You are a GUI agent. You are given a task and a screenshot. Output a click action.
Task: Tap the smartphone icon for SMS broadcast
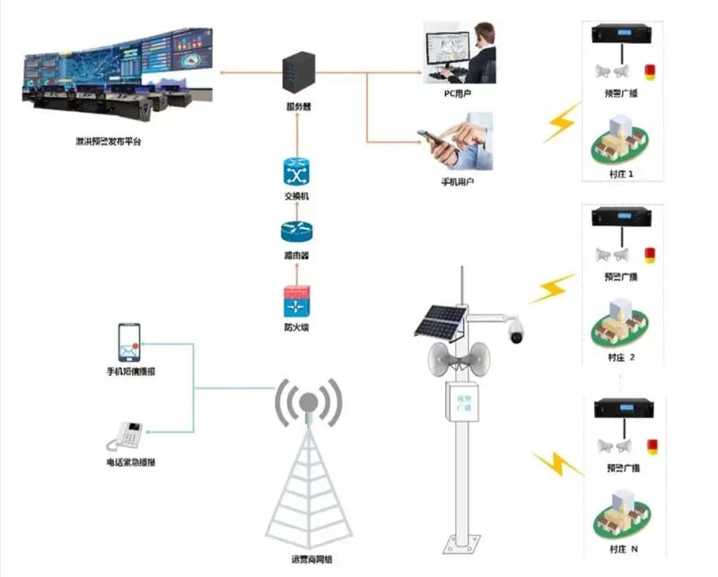(130, 342)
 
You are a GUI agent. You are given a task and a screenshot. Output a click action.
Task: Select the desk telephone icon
(126, 436)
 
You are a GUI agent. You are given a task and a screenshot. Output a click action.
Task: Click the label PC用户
(458, 93)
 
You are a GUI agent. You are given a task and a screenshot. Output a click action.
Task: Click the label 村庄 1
(620, 172)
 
